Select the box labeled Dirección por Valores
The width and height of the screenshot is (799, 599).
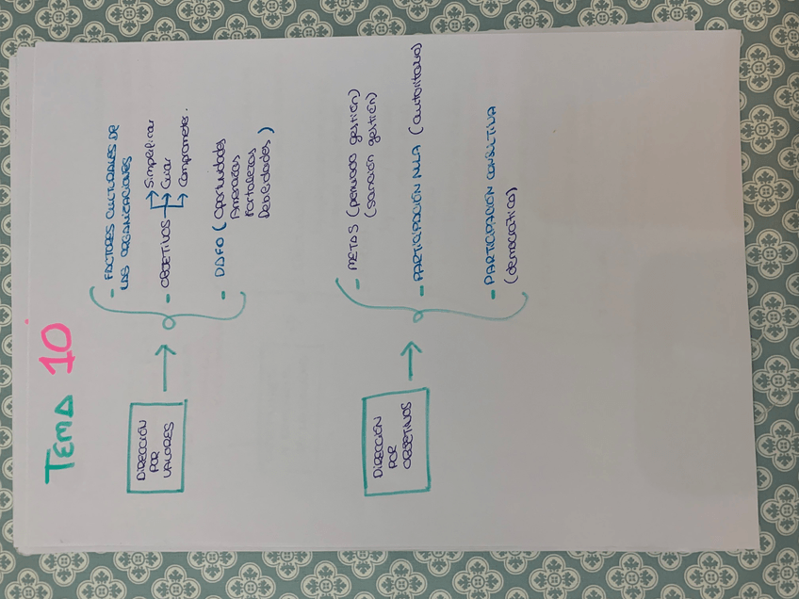(156, 445)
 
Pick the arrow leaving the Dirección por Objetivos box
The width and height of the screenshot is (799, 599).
(412, 360)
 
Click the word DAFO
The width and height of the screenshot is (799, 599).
(229, 259)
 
